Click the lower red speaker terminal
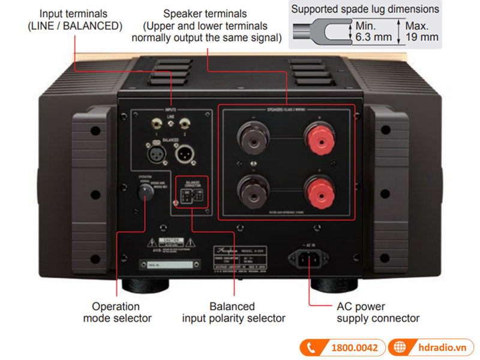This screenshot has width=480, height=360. click(317, 193)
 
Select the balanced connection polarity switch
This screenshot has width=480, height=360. click(192, 196)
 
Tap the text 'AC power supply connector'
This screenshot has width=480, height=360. click(378, 313)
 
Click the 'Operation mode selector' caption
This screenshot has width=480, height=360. click(118, 313)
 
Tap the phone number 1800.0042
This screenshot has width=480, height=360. click(355, 348)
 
